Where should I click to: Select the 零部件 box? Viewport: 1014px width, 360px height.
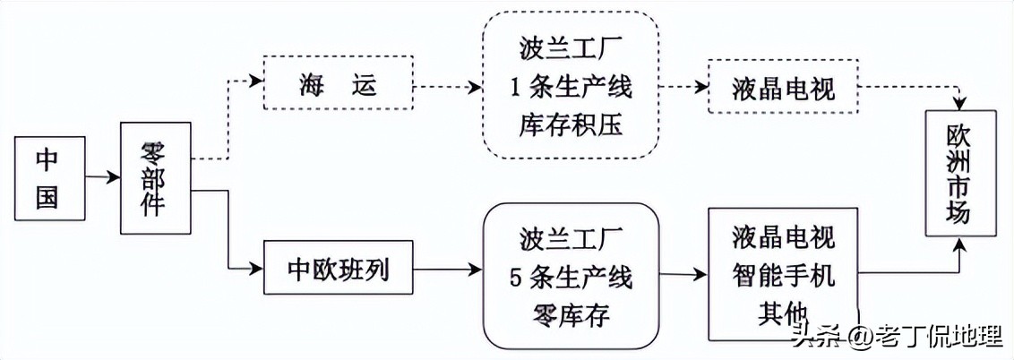click(157, 179)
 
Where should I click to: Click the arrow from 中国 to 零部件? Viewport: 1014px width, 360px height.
click(103, 178)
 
